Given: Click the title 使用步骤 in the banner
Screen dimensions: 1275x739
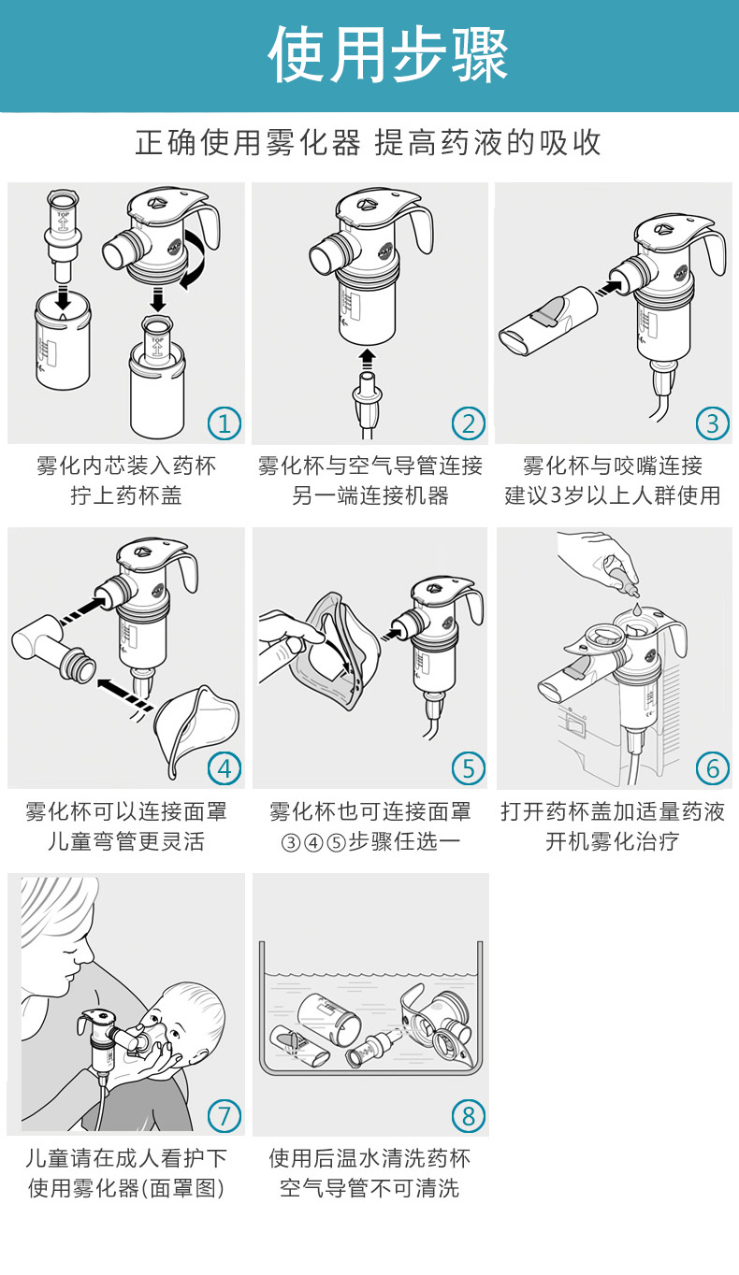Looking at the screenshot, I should (388, 54).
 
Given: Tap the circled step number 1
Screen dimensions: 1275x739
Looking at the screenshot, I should (225, 423).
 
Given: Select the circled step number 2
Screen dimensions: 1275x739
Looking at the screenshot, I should (469, 423).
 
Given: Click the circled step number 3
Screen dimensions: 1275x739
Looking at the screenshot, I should (713, 423).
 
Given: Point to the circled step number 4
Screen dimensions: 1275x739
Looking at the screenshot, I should (225, 768).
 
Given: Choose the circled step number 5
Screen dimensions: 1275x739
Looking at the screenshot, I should (469, 768).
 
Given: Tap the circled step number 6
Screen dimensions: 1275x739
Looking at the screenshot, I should (713, 768).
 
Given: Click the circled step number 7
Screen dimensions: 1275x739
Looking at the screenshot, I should (225, 1115).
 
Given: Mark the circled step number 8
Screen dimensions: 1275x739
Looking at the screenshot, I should (469, 1115).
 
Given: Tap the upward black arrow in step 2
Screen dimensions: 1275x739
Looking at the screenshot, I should (368, 359).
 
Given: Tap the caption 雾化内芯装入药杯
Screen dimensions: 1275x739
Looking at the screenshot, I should (126, 466).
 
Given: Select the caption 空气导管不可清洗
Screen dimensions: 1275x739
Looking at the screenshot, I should (369, 1188).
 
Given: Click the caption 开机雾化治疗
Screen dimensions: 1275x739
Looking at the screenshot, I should (613, 841).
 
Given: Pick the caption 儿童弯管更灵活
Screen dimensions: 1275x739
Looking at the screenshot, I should (126, 841).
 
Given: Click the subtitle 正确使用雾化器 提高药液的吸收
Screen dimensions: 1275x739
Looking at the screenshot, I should (369, 143).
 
